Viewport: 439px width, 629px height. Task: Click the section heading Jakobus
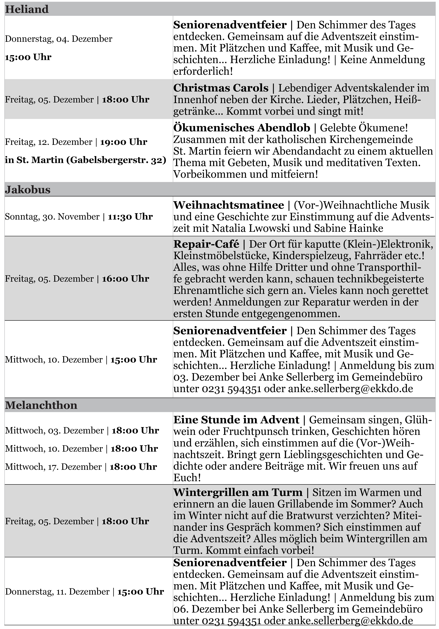coord(28,190)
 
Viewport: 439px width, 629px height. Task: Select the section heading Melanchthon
coord(41,405)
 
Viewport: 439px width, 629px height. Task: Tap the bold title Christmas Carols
coord(221,88)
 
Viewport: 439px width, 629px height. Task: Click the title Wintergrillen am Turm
coord(238,492)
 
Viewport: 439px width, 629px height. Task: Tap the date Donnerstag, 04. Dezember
coord(59,39)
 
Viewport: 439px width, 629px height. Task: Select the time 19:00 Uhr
coord(124,142)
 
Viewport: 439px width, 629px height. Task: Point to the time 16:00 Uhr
coord(126,279)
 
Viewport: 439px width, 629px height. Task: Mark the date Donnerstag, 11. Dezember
coord(57,592)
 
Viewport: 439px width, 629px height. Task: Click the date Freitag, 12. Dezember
coord(49,142)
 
